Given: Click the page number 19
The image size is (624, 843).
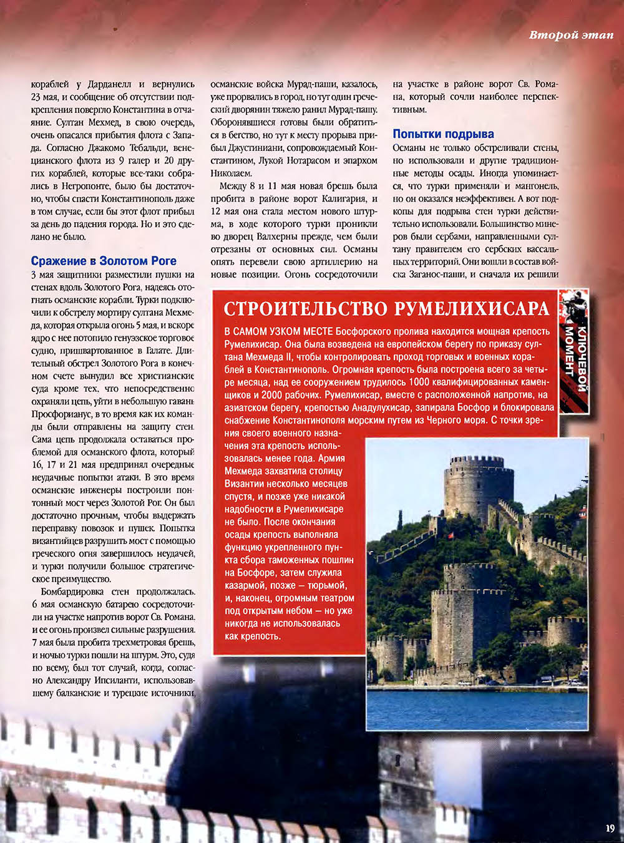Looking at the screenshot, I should [610, 828].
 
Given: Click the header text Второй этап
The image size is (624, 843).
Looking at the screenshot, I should [571, 35].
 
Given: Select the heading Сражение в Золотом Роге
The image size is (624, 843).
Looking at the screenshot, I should [104, 261].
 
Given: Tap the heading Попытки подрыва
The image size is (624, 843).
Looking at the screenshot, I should [443, 134].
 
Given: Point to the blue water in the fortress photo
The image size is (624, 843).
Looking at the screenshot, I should [477, 708].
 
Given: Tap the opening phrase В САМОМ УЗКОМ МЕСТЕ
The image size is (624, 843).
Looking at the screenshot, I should [278, 331].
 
